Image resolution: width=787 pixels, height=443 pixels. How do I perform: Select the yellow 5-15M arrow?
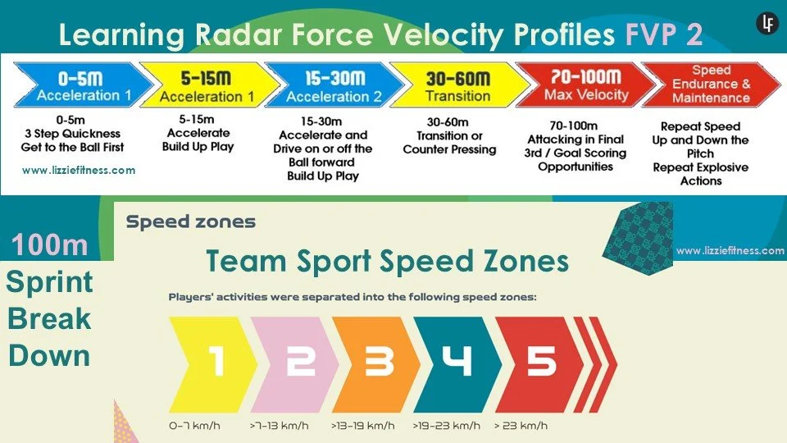tap(201, 86)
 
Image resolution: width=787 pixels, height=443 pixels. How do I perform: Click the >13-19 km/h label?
tap(362, 426)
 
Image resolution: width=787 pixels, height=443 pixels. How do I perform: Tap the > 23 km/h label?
tap(521, 426)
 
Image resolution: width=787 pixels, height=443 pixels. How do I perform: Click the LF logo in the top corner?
tap(767, 24)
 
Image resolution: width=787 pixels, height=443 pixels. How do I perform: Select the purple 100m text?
tap(49, 245)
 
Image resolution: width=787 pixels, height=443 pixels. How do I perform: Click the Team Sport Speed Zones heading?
tap(387, 262)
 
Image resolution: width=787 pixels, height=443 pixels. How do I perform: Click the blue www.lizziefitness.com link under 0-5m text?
tap(79, 171)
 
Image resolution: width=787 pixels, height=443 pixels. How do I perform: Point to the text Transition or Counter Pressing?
tap(449, 143)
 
